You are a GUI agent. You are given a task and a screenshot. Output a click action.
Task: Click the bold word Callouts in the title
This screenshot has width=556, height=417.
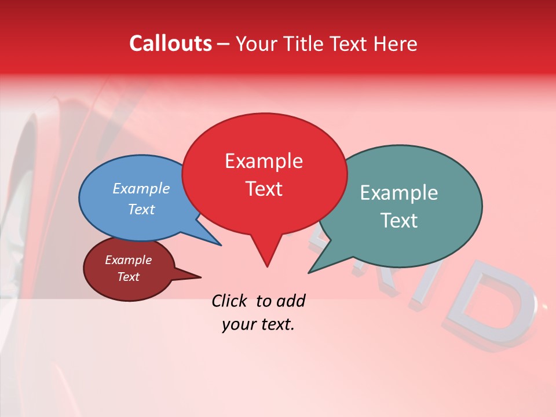(x=170, y=43)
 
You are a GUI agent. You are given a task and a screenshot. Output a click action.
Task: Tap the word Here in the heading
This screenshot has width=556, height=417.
(x=394, y=43)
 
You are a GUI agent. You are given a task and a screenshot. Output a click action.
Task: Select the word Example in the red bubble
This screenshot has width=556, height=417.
(x=264, y=161)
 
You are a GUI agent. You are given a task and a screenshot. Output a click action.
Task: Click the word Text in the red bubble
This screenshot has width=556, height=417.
(x=264, y=189)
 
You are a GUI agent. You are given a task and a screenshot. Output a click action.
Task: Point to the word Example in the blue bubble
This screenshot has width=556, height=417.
(x=141, y=188)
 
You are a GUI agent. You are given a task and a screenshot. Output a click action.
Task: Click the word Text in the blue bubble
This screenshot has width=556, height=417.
(x=141, y=209)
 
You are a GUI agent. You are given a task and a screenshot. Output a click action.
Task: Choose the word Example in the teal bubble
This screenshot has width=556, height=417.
(x=398, y=193)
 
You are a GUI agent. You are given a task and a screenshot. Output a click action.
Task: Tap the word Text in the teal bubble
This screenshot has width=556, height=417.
(x=398, y=221)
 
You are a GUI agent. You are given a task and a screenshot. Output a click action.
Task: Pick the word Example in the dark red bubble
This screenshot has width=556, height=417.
(x=128, y=260)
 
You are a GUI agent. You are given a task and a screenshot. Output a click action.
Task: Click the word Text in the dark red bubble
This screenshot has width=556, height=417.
(x=128, y=277)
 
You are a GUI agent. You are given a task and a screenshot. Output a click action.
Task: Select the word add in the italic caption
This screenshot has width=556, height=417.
(x=291, y=301)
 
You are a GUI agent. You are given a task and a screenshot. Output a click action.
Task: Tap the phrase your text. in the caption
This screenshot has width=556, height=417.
(x=258, y=324)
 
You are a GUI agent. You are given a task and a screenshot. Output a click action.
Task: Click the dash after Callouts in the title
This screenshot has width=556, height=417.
(x=224, y=44)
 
